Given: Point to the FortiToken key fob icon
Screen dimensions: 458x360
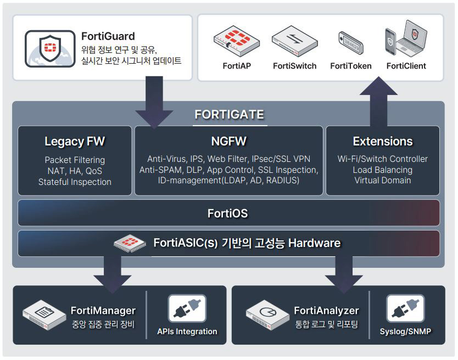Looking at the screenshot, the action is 350,44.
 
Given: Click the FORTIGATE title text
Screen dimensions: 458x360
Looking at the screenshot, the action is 229,115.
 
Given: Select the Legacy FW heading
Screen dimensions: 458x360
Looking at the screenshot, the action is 75,142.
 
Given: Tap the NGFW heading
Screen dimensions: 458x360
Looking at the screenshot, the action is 229,142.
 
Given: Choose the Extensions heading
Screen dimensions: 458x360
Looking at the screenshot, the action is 383,142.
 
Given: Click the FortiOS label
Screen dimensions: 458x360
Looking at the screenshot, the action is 229,213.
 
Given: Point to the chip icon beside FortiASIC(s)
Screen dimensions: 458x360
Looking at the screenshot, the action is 130,243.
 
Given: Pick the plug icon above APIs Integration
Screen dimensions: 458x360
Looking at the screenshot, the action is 187,309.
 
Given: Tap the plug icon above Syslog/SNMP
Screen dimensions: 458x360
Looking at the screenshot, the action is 405,309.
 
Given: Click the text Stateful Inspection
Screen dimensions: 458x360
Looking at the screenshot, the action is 75,182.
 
